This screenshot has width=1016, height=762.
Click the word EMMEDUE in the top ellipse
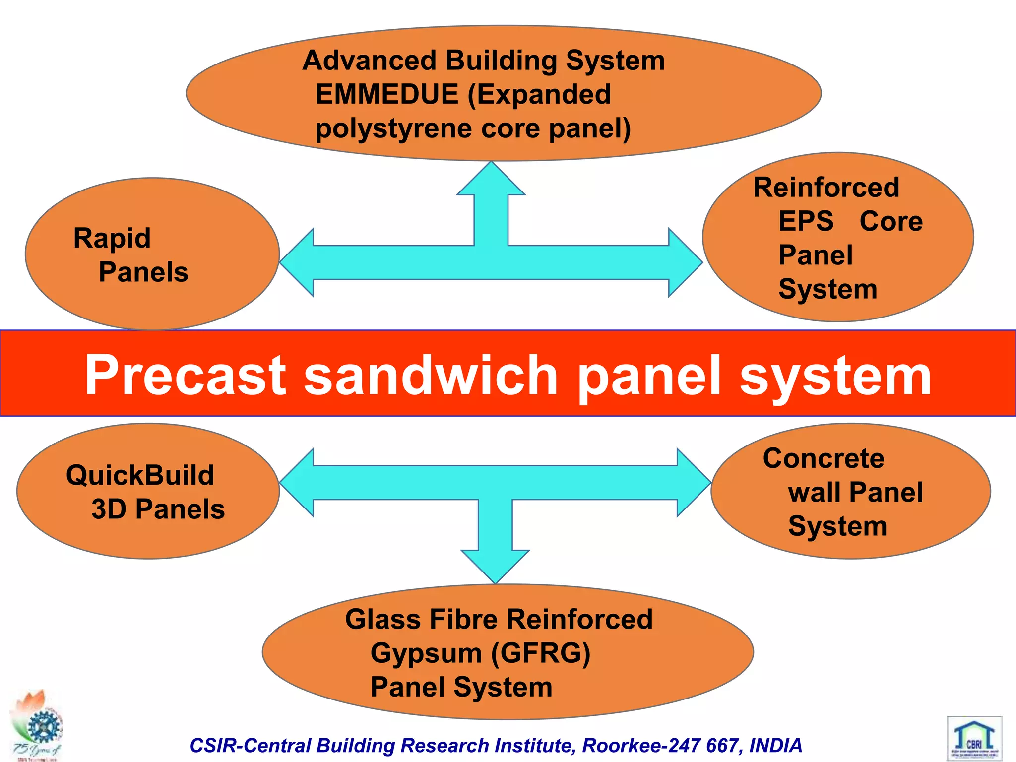[386, 94]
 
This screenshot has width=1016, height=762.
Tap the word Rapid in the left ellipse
[112, 239]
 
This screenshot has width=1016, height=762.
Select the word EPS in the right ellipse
[806, 221]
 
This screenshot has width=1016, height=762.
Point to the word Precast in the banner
[186, 376]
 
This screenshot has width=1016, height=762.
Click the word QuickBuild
[140, 475]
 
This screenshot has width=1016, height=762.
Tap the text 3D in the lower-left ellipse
[109, 509]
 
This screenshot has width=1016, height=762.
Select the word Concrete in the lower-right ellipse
[824, 458]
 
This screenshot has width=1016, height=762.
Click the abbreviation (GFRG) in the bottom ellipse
[540, 653]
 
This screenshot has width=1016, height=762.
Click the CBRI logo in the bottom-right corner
[974, 738]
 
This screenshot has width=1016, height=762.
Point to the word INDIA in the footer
[775, 746]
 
